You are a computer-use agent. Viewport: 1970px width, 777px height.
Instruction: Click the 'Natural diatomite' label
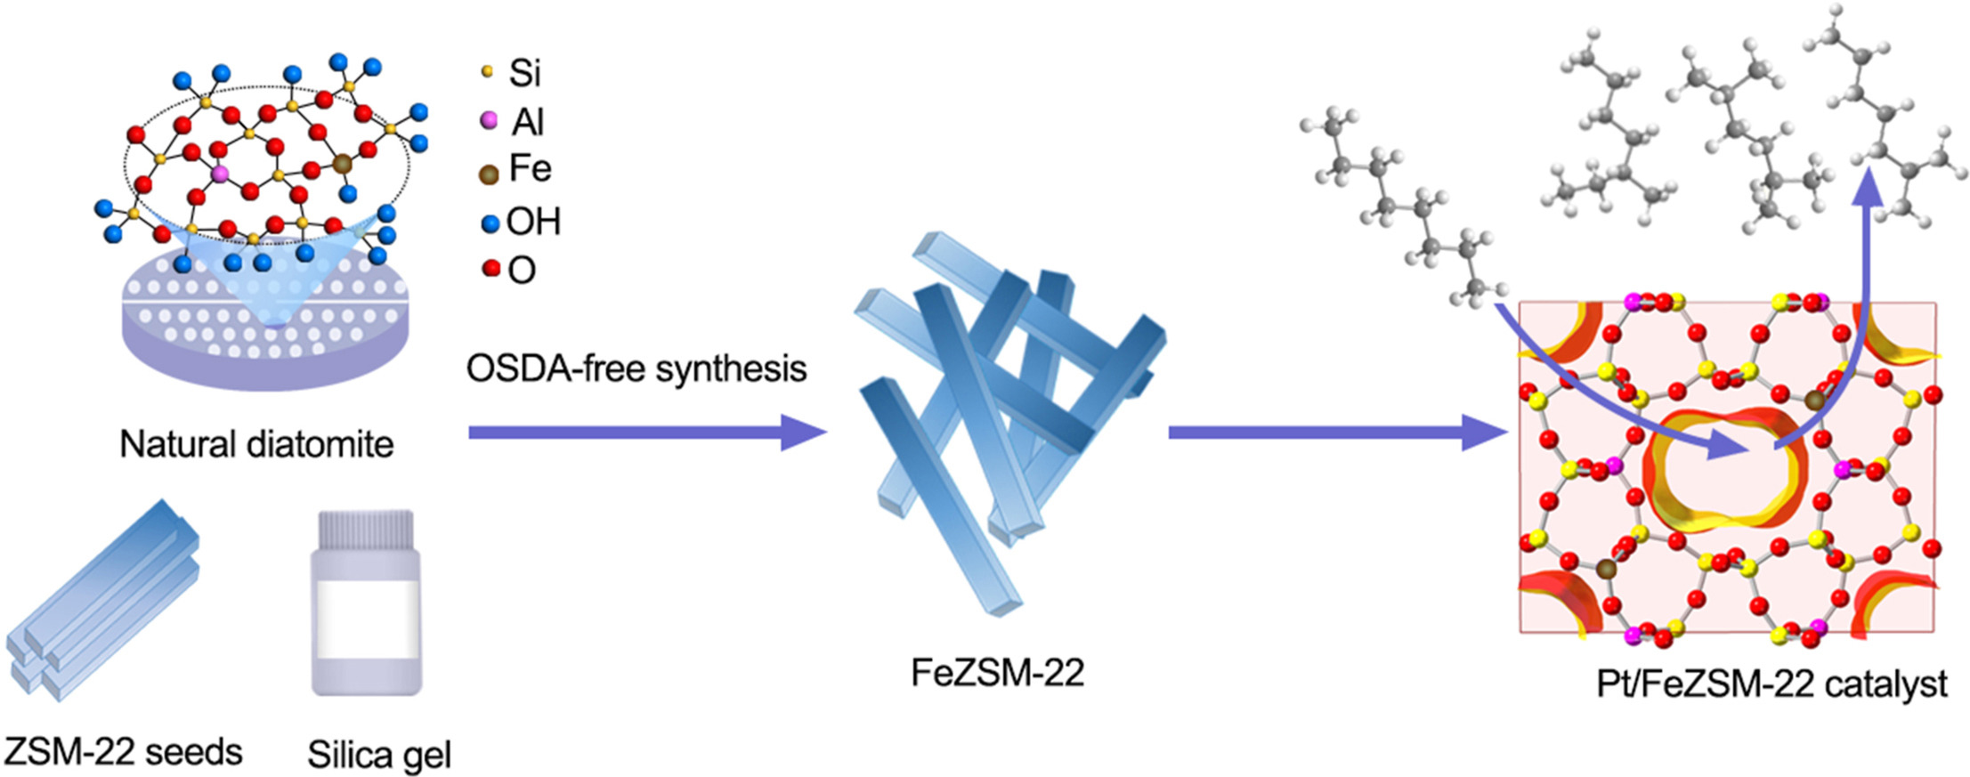coord(256,444)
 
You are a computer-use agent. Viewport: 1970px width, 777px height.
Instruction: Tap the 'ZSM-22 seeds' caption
coord(123,752)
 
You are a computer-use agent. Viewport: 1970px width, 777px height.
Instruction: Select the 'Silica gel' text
coord(379,755)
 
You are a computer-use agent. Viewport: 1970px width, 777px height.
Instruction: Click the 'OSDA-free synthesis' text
coord(636,368)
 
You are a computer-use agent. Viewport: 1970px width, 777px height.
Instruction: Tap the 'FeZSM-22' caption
coord(997,673)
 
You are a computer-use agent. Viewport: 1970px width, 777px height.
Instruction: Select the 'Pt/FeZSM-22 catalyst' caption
coord(1771,684)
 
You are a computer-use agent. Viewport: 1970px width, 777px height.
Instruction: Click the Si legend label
coord(525,73)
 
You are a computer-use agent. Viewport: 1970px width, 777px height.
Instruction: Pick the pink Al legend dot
coord(488,120)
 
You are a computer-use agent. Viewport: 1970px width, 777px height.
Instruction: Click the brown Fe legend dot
coord(488,174)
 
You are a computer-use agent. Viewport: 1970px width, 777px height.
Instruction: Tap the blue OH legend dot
coord(490,223)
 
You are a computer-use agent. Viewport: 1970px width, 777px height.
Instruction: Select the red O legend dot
coord(490,268)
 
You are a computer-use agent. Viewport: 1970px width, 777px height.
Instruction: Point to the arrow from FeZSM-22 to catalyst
coord(1335,433)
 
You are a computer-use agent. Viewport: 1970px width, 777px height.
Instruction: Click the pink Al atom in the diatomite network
coord(220,173)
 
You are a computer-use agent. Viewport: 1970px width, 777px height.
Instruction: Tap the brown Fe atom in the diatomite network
coord(343,164)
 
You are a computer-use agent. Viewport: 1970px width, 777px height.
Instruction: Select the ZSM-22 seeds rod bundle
coord(102,601)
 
